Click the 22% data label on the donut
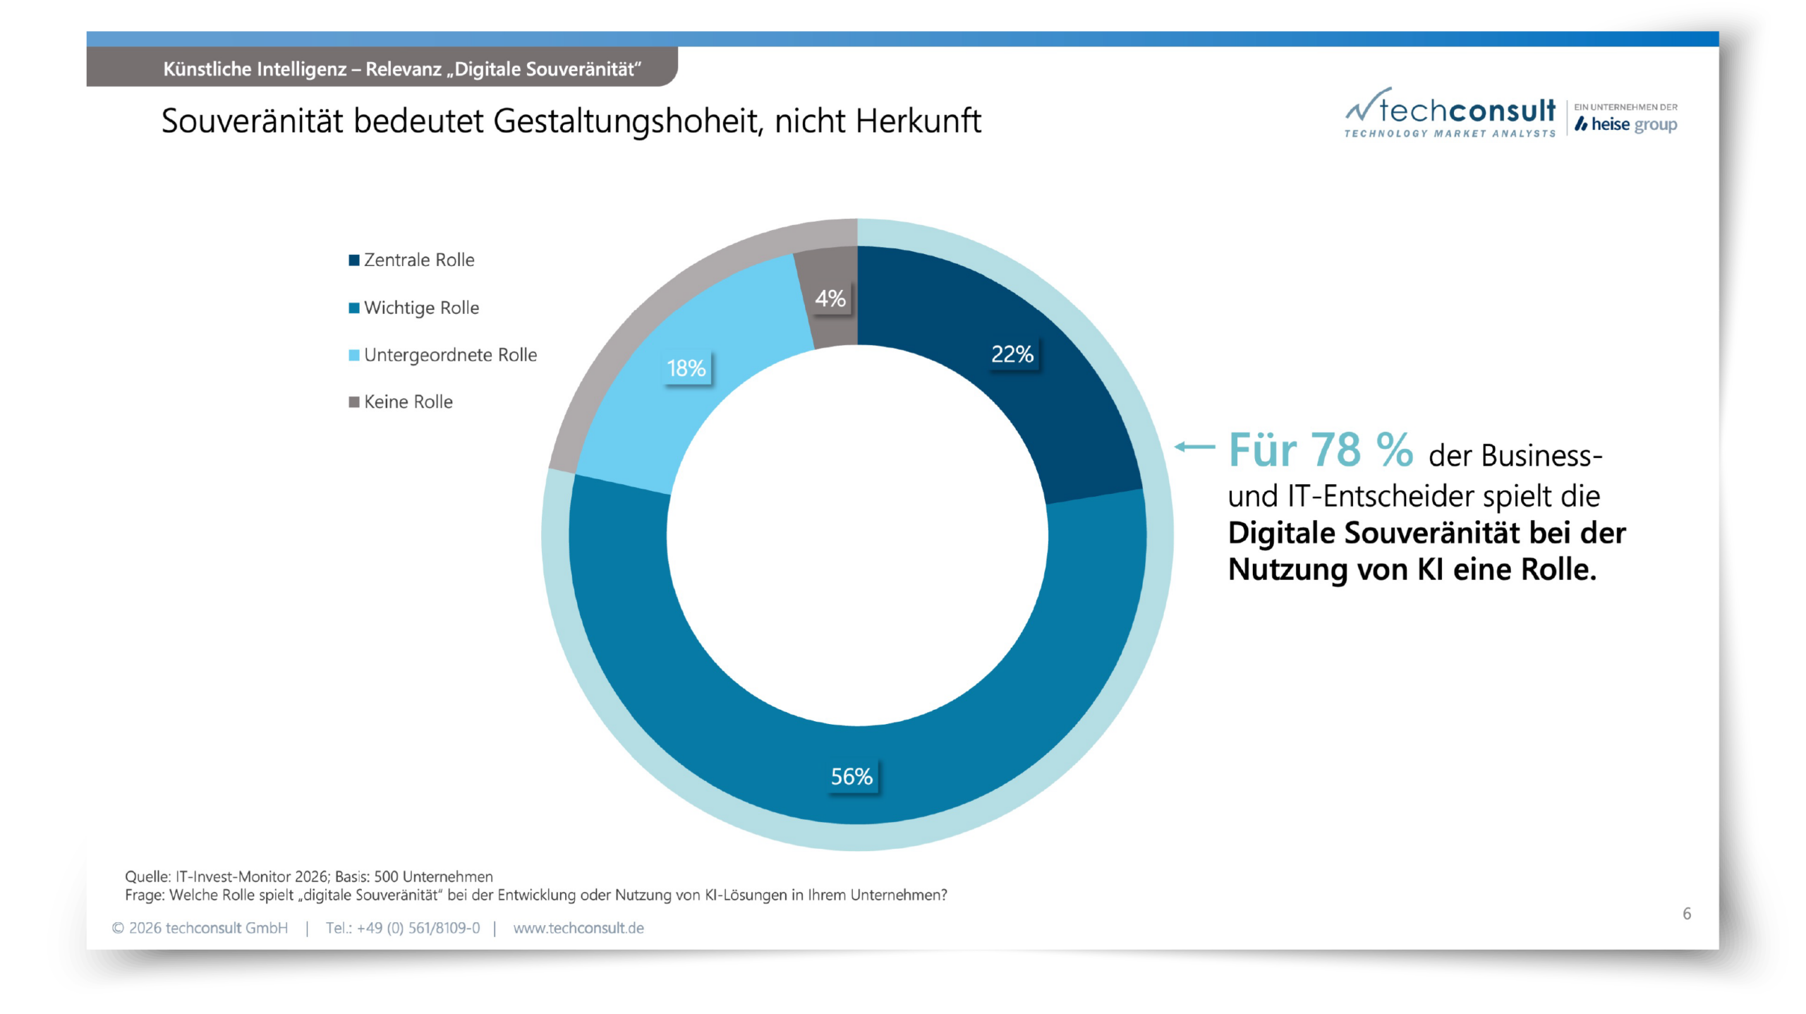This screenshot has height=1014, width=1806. [1012, 354]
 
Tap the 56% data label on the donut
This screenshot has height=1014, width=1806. [852, 777]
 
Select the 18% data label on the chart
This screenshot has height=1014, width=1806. [686, 368]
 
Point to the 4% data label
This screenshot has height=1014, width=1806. [830, 299]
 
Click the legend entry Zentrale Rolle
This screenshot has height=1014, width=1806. [418, 260]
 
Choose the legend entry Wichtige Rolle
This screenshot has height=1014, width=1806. [421, 308]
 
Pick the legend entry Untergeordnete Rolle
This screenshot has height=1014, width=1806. [450, 355]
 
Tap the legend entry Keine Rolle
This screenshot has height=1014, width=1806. [408, 402]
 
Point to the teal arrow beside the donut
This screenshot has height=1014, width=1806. [1194, 447]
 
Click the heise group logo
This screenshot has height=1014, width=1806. [1627, 125]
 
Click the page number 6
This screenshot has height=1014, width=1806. [1687, 914]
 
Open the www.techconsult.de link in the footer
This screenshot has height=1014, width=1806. [578, 929]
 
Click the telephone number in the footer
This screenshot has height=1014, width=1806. [403, 929]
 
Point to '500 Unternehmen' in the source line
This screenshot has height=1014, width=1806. [433, 877]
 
